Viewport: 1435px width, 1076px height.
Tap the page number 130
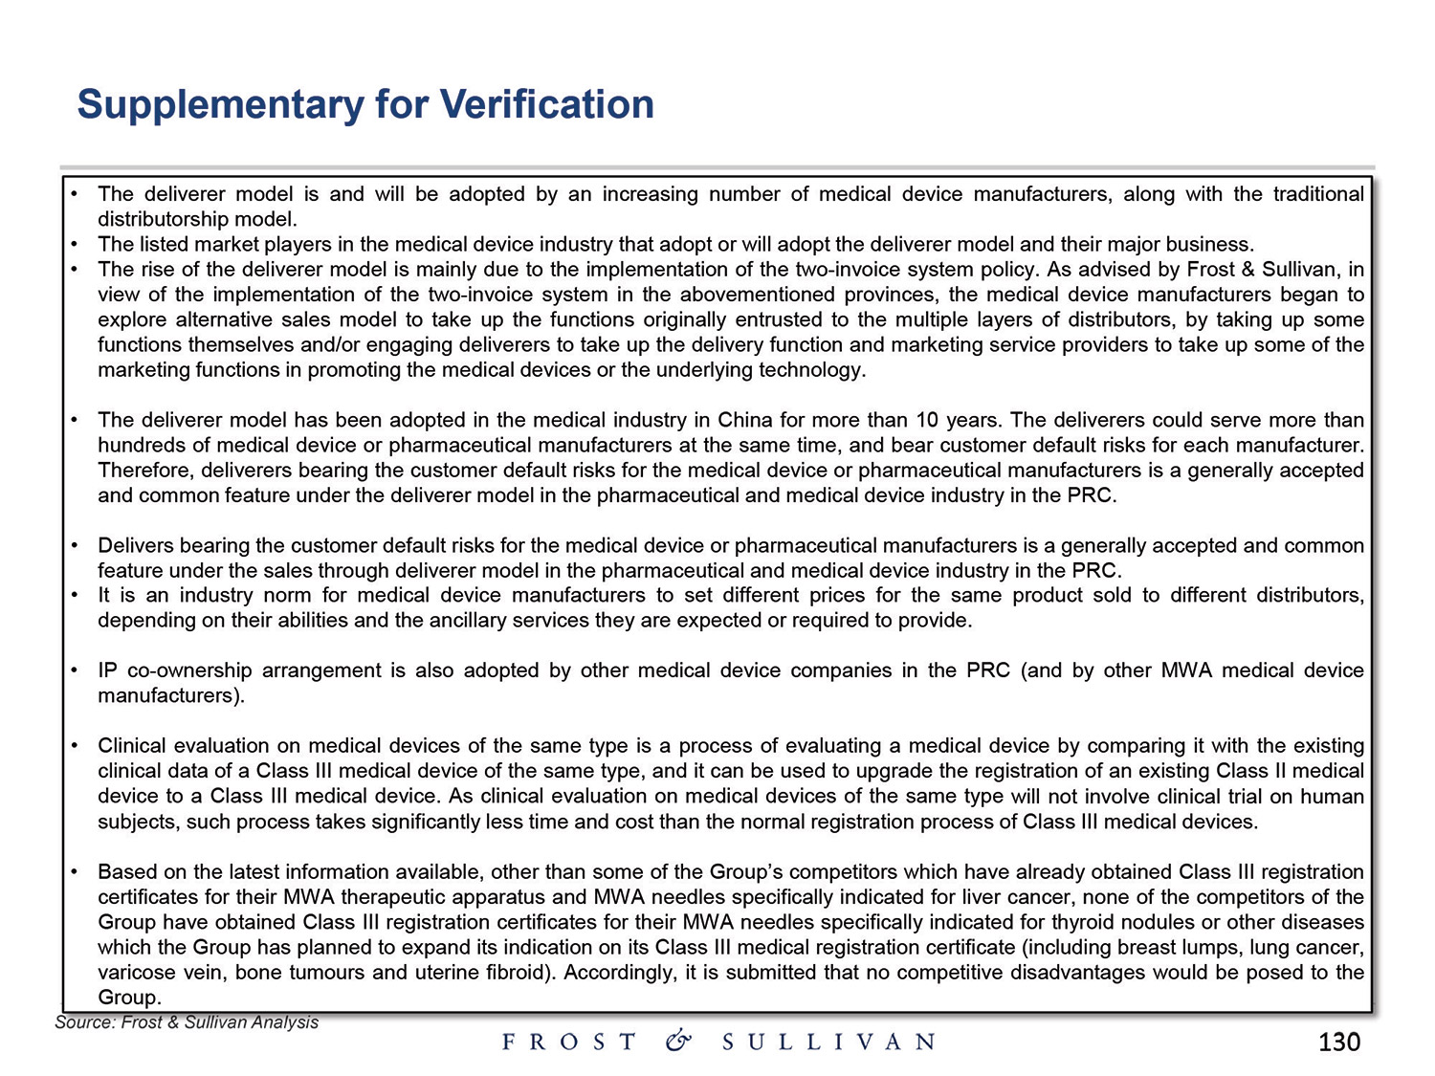pyautogui.click(x=1338, y=1042)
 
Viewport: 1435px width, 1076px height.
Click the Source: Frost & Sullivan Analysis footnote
pyautogui.click(x=187, y=1022)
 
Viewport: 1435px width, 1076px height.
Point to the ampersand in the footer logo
pyautogui.click(x=678, y=1042)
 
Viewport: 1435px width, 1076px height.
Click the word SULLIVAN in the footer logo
pyautogui.click(x=828, y=1042)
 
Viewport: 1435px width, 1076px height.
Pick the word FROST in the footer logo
pyautogui.click(x=569, y=1042)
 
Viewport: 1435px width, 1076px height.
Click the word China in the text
pyautogui.click(x=745, y=420)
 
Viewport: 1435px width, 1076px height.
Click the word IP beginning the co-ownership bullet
pyautogui.click(x=108, y=670)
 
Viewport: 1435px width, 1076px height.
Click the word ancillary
pyautogui.click(x=466, y=620)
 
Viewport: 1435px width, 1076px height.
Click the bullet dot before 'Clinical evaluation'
pyautogui.click(x=74, y=745)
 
